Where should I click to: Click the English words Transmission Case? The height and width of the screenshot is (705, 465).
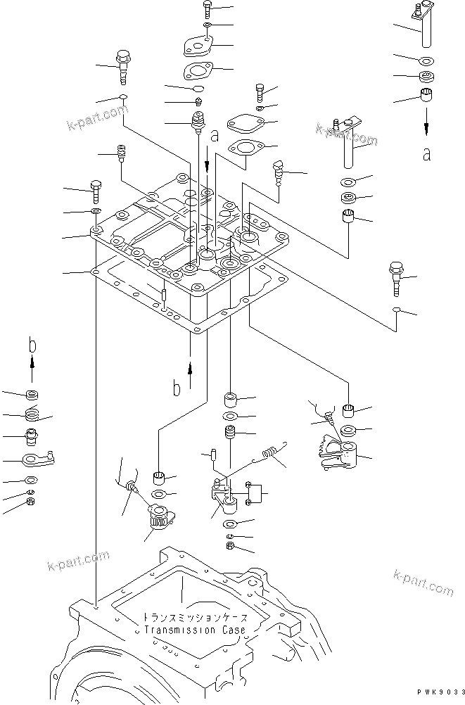click(195, 630)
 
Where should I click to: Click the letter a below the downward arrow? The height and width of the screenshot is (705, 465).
click(426, 154)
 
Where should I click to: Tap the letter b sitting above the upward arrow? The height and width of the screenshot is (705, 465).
click(32, 344)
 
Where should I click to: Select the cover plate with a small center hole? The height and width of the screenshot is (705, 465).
click(199, 47)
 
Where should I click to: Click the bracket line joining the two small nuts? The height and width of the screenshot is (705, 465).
click(261, 495)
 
